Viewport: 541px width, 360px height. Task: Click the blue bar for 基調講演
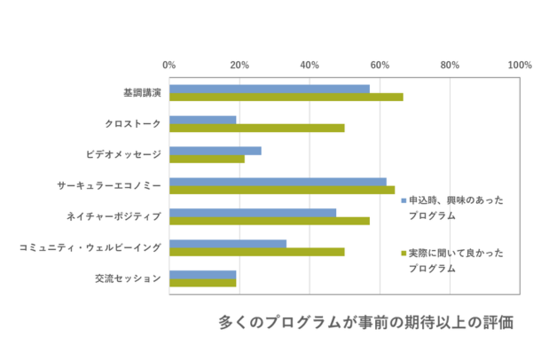270,89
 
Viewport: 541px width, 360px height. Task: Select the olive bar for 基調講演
286,98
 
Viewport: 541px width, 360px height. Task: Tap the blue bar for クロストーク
203,119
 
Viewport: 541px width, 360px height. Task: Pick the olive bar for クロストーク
257,128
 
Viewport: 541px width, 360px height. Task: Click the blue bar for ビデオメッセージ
216,150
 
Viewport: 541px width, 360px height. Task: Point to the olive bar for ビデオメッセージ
207,159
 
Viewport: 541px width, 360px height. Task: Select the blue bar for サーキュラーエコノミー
278,181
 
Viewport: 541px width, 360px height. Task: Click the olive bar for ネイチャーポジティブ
270,221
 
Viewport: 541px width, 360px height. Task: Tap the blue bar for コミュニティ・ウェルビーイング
228,243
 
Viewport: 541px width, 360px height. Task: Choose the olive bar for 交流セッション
203,283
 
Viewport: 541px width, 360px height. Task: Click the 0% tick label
169,66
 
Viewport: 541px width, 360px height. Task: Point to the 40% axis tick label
310,66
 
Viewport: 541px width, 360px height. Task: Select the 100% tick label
519,66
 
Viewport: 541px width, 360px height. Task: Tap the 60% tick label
380,66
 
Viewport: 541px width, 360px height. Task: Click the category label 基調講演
142,93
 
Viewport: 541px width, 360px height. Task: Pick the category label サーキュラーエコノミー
109,185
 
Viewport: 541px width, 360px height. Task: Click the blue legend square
403,200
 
